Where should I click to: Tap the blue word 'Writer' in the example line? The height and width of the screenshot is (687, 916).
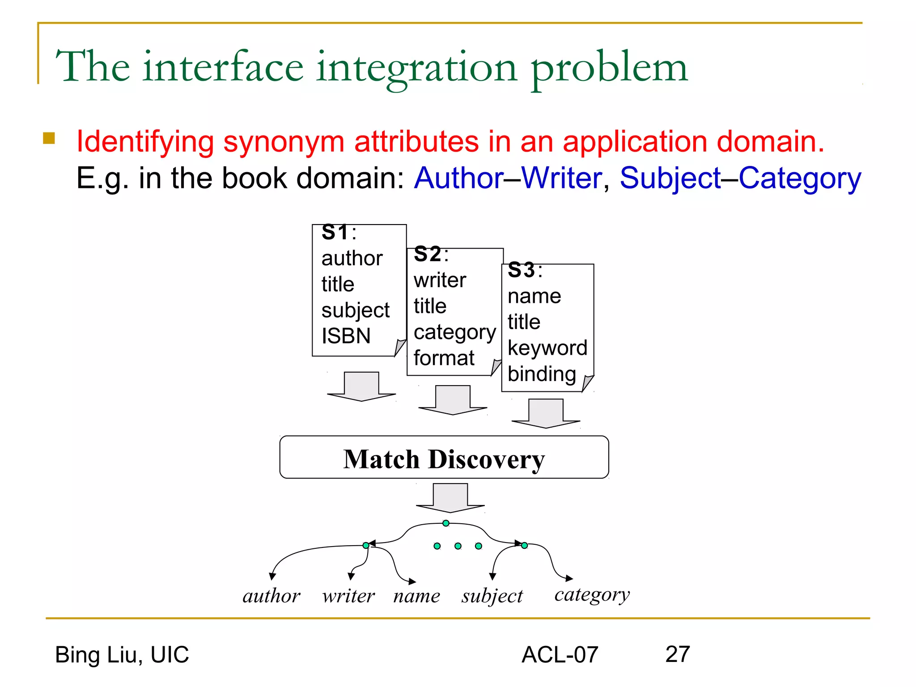coord(562,178)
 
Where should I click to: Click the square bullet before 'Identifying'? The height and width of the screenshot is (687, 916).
coord(49,138)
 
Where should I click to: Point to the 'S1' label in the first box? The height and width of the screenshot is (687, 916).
coord(335,233)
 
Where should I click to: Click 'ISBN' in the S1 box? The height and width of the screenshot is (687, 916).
coord(346,336)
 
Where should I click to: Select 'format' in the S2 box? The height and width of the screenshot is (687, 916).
coord(444,358)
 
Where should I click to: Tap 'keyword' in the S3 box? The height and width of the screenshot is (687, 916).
coord(547,348)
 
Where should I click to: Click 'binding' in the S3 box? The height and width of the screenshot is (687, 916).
coord(542,374)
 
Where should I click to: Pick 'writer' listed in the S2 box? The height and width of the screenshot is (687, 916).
coord(440,280)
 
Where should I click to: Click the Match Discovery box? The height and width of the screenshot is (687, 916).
coord(444,458)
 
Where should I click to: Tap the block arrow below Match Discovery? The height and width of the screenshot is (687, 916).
coord(450,498)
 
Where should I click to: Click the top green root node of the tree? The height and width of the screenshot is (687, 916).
coord(446,523)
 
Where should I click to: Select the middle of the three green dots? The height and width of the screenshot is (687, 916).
coord(458,546)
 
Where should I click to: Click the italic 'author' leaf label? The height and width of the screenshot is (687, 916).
coord(271,596)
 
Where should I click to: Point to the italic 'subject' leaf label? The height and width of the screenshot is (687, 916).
coord(492,596)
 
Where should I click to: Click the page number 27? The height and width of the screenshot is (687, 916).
coord(677,654)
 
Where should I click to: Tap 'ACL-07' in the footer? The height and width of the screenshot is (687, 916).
coord(560,655)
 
